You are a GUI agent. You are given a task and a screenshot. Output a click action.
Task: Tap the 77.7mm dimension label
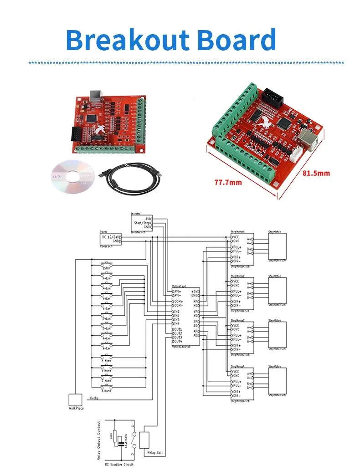click(228, 183)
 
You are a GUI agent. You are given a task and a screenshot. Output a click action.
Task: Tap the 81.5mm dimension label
click(316, 173)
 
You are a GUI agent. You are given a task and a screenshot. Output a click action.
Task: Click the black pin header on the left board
click(76, 134)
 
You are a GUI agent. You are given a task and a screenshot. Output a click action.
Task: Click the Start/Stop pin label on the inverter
click(141, 223)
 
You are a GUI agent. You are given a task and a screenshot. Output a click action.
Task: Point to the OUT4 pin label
click(178, 341)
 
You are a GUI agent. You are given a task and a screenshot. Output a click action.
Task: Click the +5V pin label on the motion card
click(195, 291)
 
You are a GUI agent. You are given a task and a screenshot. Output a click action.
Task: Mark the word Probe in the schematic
click(94, 398)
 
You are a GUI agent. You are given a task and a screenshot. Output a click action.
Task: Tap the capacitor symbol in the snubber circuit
click(120, 440)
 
